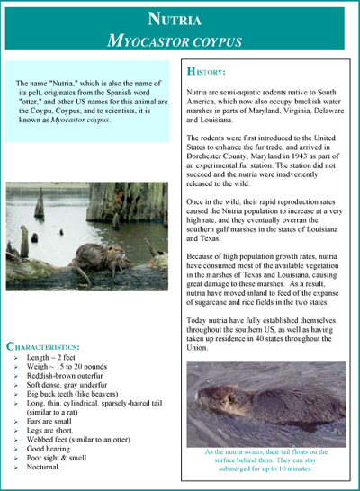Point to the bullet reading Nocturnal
(45, 468)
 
